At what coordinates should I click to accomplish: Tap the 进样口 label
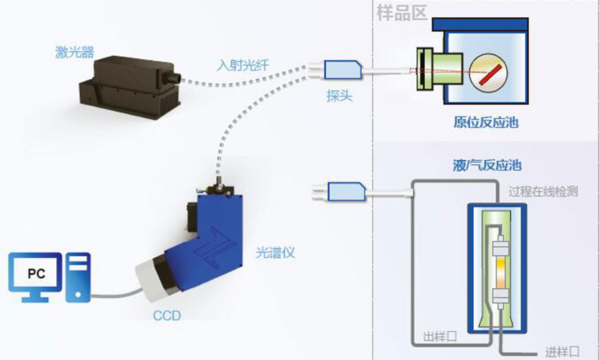tap(563, 351)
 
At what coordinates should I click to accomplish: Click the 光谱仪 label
tap(276, 253)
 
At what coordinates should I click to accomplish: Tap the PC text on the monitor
tap(35, 274)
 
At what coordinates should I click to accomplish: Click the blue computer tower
tap(78, 276)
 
